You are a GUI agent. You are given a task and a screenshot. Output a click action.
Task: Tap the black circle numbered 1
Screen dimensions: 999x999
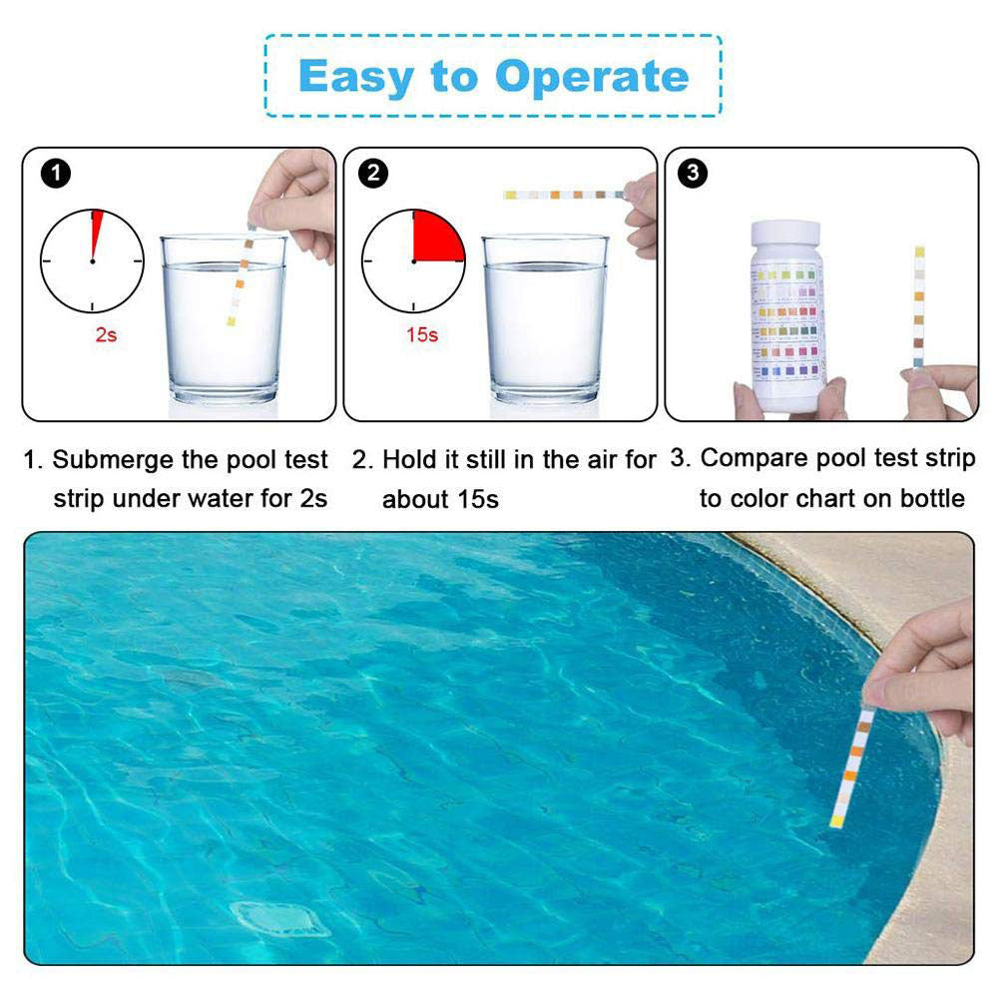(x=56, y=173)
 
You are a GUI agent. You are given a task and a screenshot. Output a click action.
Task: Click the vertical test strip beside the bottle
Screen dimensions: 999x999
(x=918, y=304)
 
